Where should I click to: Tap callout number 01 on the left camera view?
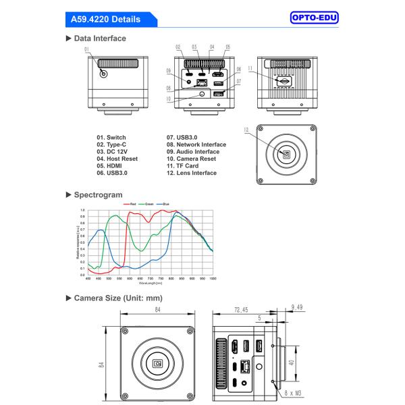[x=86, y=49]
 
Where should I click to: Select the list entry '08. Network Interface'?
[x=196, y=144]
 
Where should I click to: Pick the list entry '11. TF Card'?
[x=188, y=165]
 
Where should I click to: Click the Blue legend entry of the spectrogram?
[x=172, y=203]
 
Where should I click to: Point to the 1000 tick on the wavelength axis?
[x=213, y=279]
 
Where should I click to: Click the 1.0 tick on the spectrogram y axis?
[x=82, y=211]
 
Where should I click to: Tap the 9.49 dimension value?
[x=298, y=307]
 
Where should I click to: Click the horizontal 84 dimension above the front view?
[x=157, y=309]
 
